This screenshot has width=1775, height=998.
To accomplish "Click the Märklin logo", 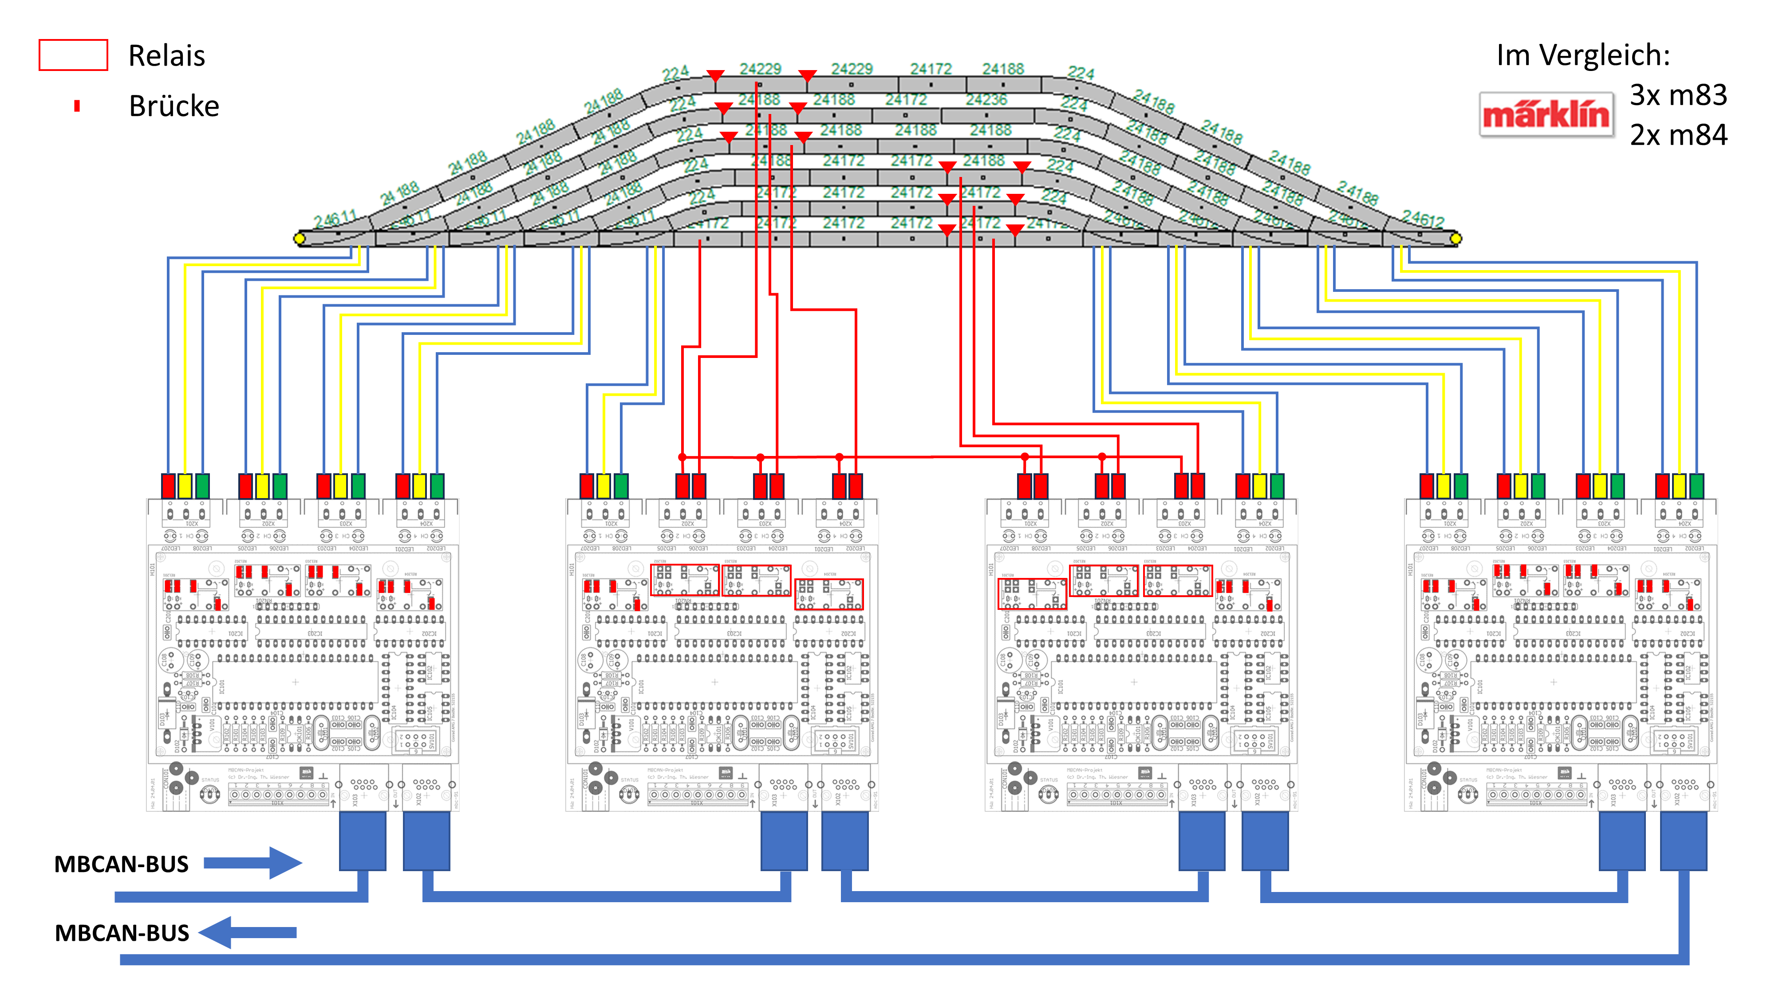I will tap(1546, 114).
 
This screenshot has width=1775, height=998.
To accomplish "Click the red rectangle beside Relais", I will tap(73, 55).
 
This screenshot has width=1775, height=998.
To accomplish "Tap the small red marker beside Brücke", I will tap(77, 106).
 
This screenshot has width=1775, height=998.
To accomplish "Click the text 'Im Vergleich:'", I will tap(1583, 55).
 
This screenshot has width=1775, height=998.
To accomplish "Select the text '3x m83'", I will tap(1678, 95).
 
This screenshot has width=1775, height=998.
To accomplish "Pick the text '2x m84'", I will tap(1678, 135).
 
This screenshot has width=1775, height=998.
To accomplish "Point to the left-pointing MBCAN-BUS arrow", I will tap(248, 932).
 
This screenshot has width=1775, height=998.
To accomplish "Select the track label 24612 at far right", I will tap(1423, 219).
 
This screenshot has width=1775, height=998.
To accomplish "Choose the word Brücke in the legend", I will tap(174, 106).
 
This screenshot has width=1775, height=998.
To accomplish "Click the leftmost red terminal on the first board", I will tap(168, 486).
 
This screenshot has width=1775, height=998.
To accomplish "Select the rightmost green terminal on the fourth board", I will tap(1696, 486).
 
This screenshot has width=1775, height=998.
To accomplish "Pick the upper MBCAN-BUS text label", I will tap(121, 864).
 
